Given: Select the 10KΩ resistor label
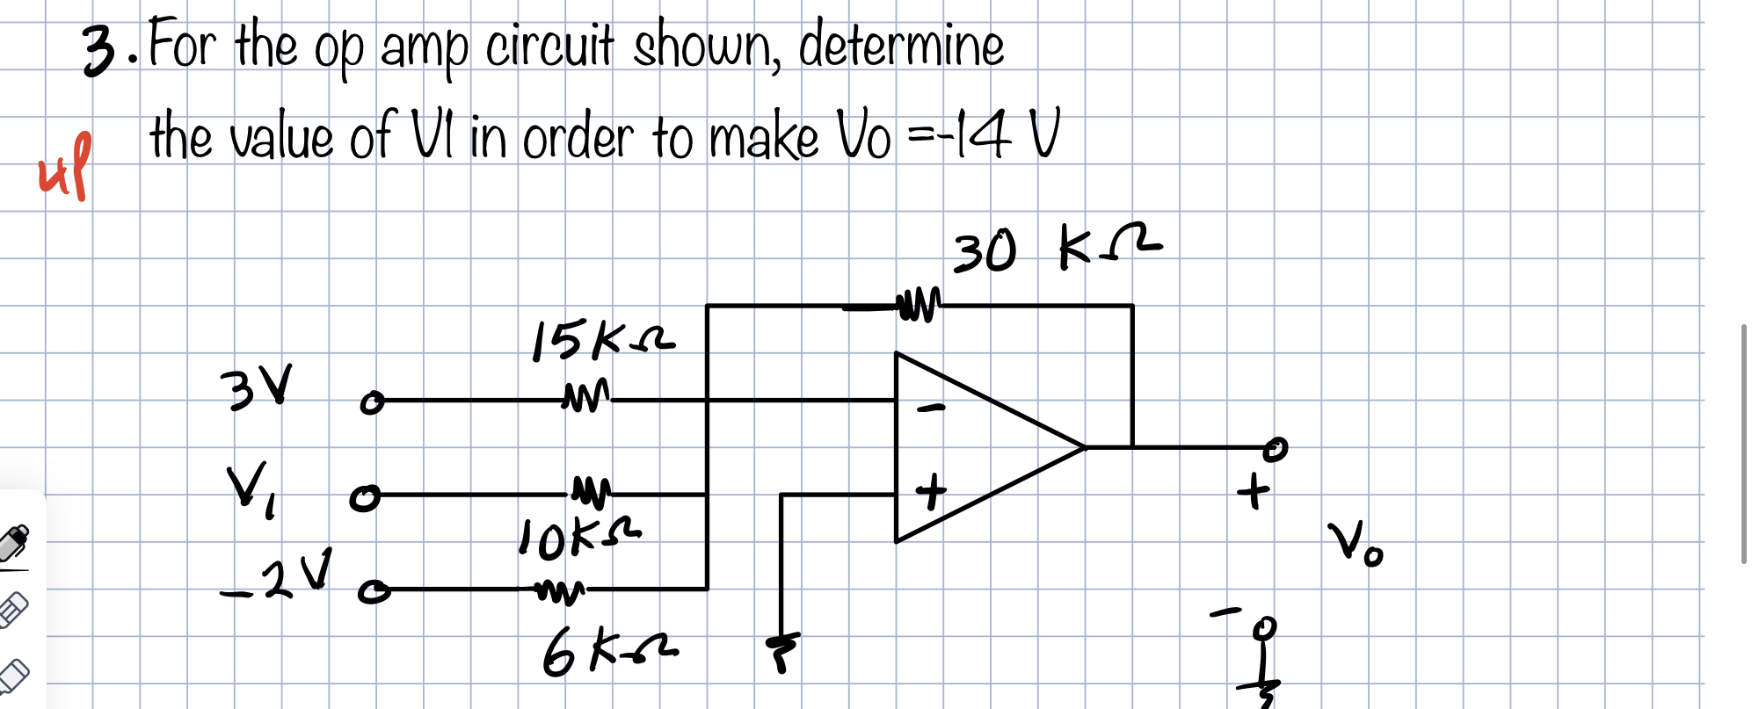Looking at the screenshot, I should pos(579,538).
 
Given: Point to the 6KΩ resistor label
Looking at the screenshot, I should pos(608,654).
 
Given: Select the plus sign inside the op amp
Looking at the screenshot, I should pos(931,491).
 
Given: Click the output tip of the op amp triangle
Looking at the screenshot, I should pos(1085,447).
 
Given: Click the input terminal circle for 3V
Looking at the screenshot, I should pos(372,403).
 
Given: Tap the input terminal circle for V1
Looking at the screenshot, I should pos(364,498).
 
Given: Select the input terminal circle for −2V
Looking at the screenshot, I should pos(373,592).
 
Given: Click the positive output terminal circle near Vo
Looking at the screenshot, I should pos(1276,448).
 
